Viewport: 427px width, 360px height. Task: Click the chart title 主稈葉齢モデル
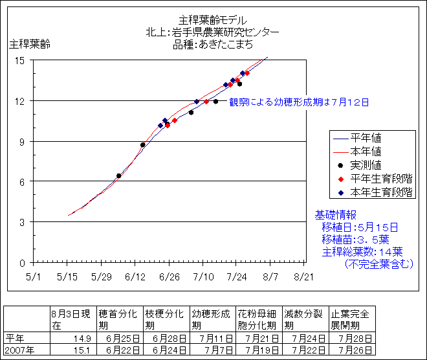point(212,20)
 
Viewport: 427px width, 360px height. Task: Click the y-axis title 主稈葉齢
point(29,45)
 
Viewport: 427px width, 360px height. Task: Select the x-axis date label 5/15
point(67,276)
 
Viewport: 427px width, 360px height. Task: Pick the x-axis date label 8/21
point(303,276)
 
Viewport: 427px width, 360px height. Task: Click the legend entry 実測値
point(366,164)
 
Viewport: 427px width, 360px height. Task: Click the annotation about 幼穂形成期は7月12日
point(299,102)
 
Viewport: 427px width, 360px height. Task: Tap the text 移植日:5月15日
point(360,227)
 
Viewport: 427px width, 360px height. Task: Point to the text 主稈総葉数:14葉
point(362,252)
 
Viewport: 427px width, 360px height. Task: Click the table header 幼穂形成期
point(211,319)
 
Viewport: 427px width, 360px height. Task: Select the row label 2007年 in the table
point(19,350)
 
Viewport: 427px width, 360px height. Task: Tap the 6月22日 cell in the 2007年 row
point(119,350)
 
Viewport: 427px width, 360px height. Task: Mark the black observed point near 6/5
point(119,175)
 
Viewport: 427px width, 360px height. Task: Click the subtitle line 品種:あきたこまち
point(213,45)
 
